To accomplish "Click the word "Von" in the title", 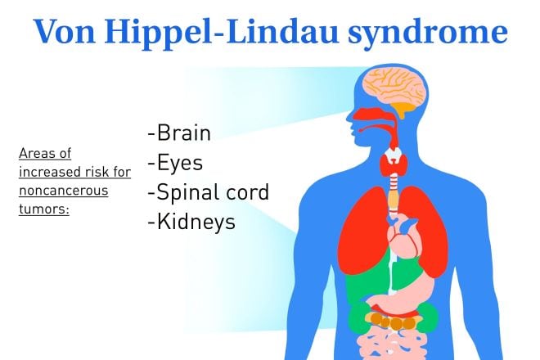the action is [65, 32].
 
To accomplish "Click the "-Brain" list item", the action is [178, 133].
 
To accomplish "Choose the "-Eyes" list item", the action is [175, 163].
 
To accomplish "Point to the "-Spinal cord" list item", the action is [208, 192].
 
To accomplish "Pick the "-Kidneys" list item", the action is [191, 222].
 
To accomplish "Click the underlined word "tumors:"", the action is [44, 209].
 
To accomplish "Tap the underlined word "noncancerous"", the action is [63, 190].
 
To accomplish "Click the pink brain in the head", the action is [396, 86].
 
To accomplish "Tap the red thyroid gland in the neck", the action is [394, 164].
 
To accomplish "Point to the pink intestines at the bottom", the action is [392, 344].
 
